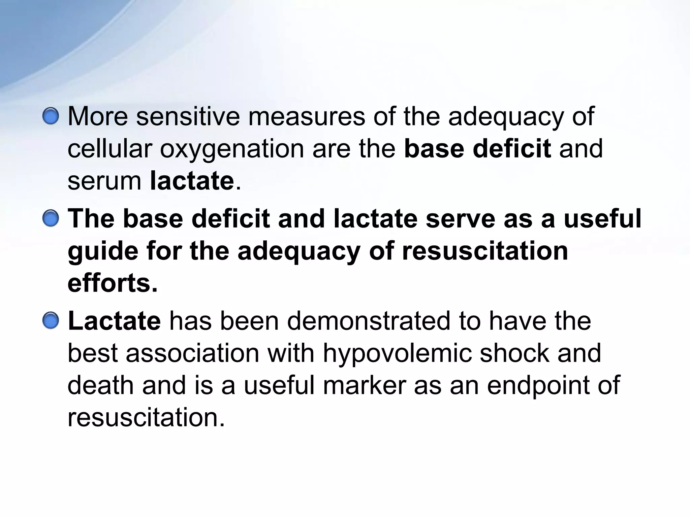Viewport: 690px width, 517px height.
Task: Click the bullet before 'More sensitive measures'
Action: point(51,117)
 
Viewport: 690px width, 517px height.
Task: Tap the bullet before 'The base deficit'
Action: point(51,219)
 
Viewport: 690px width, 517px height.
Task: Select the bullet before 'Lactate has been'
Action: point(51,321)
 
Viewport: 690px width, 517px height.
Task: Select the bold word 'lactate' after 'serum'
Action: point(192,181)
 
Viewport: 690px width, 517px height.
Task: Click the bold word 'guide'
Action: point(103,252)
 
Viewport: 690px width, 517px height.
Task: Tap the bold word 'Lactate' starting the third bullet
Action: point(114,321)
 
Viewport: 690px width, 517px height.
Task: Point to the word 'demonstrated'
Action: point(369,321)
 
